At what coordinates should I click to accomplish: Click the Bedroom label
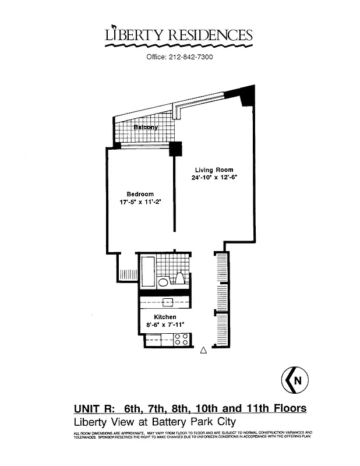pyautogui.click(x=140, y=194)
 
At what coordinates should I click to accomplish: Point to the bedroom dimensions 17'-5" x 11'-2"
pyautogui.click(x=139, y=202)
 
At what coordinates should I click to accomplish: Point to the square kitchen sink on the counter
pyautogui.click(x=168, y=302)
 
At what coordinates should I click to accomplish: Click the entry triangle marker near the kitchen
pyautogui.click(x=203, y=350)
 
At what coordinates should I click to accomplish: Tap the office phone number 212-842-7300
pyautogui.click(x=191, y=57)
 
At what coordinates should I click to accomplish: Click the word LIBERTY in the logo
pyautogui.click(x=132, y=35)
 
